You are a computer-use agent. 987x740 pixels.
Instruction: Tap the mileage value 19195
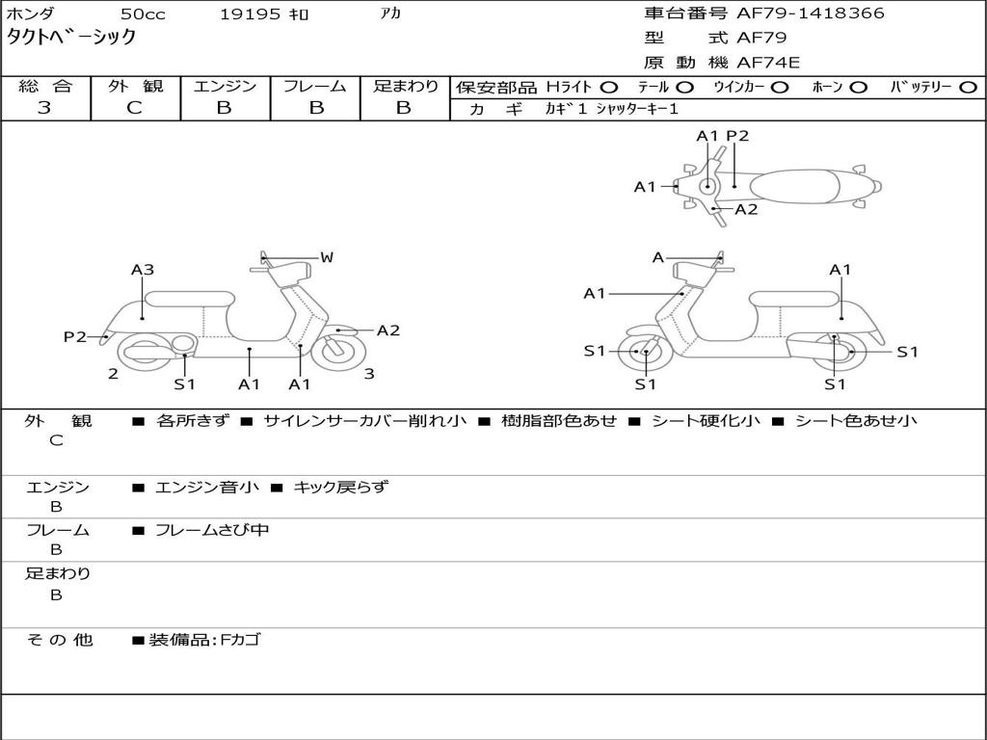click(x=252, y=14)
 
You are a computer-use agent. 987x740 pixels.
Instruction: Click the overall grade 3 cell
click(x=44, y=108)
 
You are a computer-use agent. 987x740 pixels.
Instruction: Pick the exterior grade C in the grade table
click(x=134, y=108)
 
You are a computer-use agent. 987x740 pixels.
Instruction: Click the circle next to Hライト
click(x=609, y=87)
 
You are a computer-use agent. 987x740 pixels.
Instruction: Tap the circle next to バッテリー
click(x=969, y=87)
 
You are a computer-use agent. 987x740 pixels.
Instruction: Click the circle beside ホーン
click(x=859, y=87)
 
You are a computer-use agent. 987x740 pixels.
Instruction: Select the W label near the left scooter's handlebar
click(x=327, y=257)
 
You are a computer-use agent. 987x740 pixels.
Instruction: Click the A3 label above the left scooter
click(x=143, y=270)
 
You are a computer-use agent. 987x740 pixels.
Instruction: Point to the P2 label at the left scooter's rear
click(x=75, y=336)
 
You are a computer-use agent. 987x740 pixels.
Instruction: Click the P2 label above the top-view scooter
click(x=737, y=136)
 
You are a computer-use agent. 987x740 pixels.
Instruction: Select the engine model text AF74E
click(x=768, y=64)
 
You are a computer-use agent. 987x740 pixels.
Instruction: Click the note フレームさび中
click(x=212, y=530)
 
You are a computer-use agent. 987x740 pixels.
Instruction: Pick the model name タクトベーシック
click(x=71, y=38)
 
